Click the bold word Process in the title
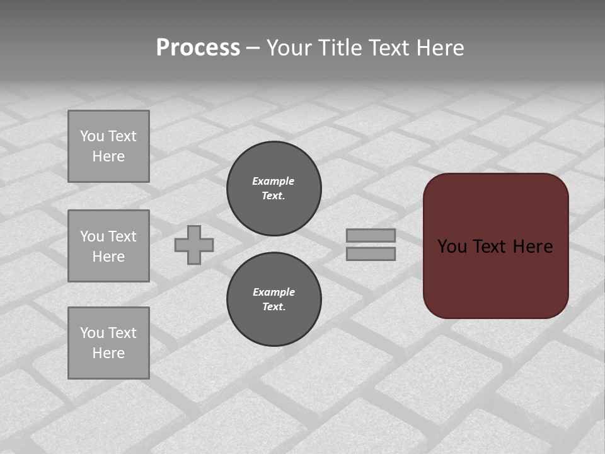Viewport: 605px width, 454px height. [198, 48]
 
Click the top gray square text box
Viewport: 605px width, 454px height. [108, 146]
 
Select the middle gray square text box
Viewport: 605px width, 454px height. [108, 246]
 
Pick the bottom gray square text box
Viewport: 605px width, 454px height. [108, 343]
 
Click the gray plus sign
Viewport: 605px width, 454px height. [194, 245]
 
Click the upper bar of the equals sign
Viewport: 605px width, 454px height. [371, 235]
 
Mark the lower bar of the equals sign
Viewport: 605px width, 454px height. [371, 254]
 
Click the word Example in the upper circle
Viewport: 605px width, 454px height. [274, 181]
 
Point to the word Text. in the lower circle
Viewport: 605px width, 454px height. [274, 306]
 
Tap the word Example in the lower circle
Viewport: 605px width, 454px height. [274, 292]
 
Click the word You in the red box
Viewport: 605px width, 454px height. [452, 247]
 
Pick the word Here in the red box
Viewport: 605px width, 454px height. [533, 247]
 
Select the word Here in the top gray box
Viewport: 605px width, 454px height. [108, 156]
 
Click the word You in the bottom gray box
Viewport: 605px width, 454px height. [92, 333]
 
